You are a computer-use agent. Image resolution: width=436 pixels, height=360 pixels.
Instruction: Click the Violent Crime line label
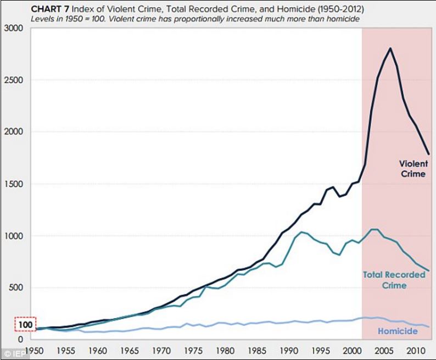pos(412,169)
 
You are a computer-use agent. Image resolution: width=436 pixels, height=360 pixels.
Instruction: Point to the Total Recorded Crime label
pos(394,280)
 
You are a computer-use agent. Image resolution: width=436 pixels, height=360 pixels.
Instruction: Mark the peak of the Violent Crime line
pos(390,48)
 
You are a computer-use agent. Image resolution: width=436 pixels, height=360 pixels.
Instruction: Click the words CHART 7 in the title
pos(47,9)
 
